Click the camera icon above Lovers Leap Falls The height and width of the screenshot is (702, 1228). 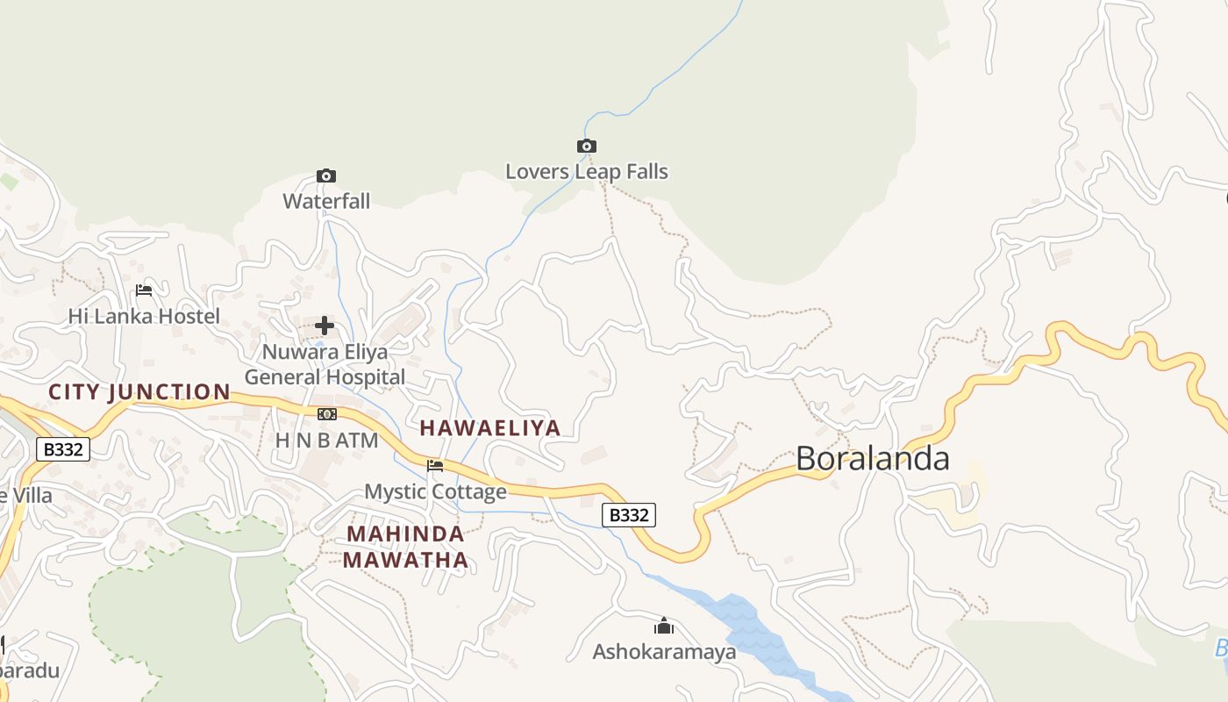(587, 146)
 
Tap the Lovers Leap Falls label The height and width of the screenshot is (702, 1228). (587, 172)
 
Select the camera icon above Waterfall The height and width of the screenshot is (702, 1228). (326, 175)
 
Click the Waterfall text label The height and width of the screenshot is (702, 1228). (326, 201)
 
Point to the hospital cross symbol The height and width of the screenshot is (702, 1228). (325, 326)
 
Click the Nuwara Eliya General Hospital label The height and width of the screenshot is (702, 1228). (325, 365)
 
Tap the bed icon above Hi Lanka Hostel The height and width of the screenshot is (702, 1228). (144, 290)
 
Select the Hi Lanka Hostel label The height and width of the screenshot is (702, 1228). (144, 316)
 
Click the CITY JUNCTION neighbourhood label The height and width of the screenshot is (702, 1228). (139, 392)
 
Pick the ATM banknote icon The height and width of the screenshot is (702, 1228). (326, 414)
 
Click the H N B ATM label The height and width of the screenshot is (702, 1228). (326, 441)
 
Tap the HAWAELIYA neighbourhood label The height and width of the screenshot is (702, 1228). (489, 428)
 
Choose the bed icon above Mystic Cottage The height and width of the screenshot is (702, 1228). (435, 465)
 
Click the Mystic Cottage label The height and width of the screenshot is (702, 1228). (435, 491)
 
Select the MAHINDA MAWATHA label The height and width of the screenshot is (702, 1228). (405, 547)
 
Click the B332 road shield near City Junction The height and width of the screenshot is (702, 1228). (63, 450)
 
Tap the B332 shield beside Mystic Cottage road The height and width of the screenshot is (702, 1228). (629, 515)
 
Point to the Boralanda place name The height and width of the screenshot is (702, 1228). (873, 459)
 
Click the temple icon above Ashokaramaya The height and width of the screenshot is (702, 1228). (664, 626)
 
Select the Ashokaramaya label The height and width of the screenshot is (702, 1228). (664, 652)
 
